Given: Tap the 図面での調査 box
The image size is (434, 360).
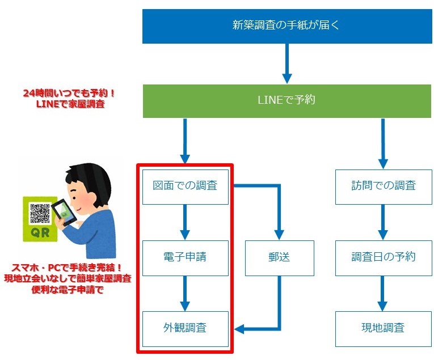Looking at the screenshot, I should point(185,185).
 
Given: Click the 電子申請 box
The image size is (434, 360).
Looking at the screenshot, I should point(185,257).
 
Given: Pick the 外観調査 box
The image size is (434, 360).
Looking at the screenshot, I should point(185,328).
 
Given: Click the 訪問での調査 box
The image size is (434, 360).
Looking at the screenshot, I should point(384,185).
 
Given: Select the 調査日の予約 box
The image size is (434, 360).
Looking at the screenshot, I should point(384,257).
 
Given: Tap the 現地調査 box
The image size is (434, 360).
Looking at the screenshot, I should point(384,328).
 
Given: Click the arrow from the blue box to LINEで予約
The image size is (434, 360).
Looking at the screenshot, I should point(287,63).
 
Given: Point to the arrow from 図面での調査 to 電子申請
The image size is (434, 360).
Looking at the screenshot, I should point(185,222).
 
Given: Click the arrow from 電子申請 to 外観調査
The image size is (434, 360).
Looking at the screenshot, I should point(185,293).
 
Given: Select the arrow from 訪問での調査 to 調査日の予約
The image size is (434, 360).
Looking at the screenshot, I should point(384,222).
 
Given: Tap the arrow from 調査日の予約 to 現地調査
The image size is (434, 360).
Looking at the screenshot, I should point(384,293).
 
